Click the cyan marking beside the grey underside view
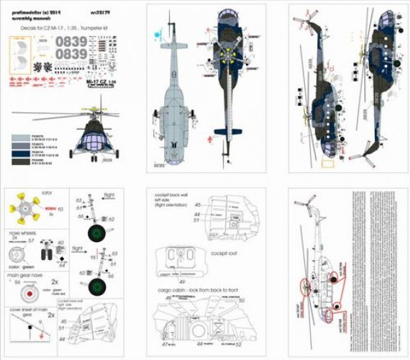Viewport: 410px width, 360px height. (158, 32)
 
